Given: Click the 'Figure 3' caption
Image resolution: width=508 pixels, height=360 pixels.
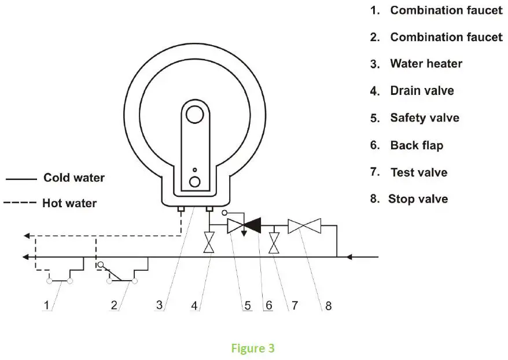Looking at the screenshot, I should [x=253, y=348].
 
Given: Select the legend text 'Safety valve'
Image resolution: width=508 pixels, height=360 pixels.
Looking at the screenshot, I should [x=424, y=118].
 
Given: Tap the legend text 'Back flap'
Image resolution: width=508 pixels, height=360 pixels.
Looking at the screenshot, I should [x=416, y=145].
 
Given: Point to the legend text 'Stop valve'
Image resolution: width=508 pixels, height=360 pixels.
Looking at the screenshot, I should [x=417, y=199].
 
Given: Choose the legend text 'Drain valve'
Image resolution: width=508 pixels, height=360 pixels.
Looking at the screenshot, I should [x=422, y=91].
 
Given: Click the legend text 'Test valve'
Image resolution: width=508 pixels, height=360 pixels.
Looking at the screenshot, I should [x=418, y=172].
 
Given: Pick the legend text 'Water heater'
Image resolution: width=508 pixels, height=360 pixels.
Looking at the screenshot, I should [x=426, y=64].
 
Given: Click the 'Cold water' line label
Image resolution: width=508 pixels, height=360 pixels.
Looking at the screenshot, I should [x=74, y=178].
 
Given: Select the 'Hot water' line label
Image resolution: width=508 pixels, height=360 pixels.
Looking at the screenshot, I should [x=69, y=203].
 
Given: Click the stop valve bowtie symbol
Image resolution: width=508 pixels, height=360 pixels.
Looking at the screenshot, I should [x=304, y=226].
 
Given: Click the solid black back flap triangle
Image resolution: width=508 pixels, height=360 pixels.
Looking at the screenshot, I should [x=254, y=226].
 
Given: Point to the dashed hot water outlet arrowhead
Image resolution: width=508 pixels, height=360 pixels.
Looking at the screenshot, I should [x=26, y=236].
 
